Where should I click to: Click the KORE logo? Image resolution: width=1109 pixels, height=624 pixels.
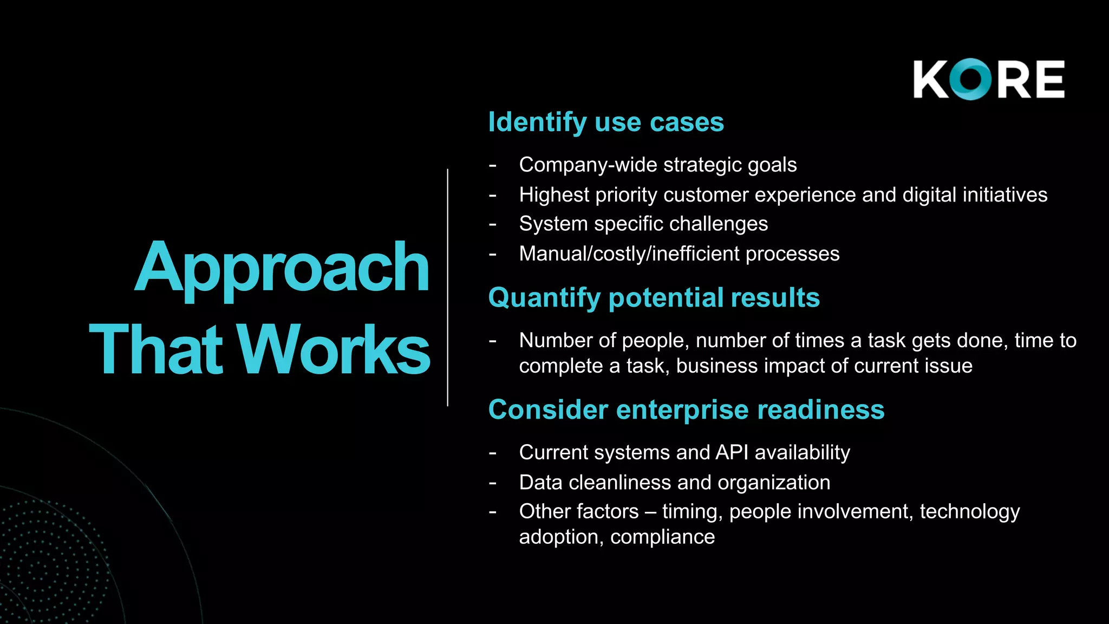[x=989, y=79]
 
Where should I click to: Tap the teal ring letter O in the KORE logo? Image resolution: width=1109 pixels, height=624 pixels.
[x=971, y=79]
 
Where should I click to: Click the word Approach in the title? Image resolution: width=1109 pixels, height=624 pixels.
[x=282, y=268]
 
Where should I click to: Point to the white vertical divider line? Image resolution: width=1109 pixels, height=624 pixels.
[x=448, y=287]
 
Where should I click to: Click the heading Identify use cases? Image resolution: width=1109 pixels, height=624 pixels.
[x=606, y=122]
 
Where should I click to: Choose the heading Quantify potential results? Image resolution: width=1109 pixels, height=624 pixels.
[x=654, y=298]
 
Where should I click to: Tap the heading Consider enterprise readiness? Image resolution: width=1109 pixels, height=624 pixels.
[x=686, y=410]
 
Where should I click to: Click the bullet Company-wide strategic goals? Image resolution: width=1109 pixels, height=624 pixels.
[x=657, y=165]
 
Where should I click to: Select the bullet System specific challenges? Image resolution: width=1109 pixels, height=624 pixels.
[x=643, y=224]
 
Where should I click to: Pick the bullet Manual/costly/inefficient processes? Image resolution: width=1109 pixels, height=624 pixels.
[x=679, y=253]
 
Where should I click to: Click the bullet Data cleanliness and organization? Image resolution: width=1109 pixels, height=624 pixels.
[x=674, y=482]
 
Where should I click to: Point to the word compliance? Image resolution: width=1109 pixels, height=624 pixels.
[x=662, y=537]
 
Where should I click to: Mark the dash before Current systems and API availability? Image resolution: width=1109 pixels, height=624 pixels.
[x=492, y=453]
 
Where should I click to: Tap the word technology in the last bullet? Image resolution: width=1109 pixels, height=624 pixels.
[x=969, y=512]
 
